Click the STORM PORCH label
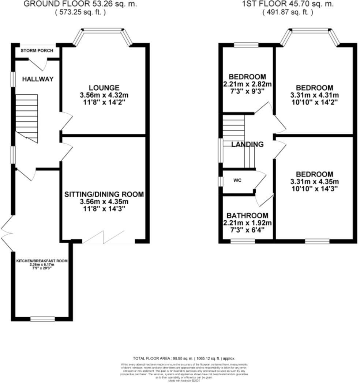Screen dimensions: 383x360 coord(37,50)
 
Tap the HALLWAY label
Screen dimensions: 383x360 coord(38,79)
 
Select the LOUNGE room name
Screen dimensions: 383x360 coord(104,88)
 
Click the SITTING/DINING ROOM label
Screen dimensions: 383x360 coord(104,194)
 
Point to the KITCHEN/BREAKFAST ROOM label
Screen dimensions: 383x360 coord(42,261)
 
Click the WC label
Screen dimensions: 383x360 coord(237,181)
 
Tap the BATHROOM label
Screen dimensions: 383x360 coord(247,216)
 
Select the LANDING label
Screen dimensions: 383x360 coord(247,144)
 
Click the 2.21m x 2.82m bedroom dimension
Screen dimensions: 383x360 coord(247,84)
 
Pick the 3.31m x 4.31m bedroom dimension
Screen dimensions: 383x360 coord(314,95)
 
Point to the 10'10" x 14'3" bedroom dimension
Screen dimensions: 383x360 coord(314,189)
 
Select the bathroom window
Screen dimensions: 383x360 coord(243,241)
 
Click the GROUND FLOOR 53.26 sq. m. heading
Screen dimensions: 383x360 coord(80,4)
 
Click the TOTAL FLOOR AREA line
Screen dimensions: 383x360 coord(184,359)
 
